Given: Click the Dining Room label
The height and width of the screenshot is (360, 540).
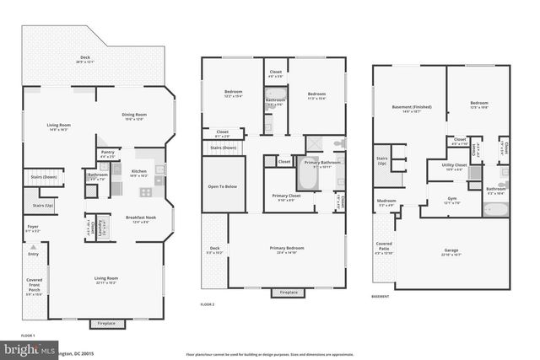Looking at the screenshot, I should pos(135,116).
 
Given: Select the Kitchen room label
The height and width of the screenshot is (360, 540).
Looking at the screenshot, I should pos(139,172).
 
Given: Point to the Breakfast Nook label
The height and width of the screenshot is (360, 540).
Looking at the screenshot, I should pos(140,218).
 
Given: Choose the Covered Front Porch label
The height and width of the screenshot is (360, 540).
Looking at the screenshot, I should pos(34,286).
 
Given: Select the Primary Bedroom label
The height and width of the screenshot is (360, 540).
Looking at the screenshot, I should pos(287,249).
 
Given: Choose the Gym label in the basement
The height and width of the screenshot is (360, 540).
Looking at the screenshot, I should pos(452,200).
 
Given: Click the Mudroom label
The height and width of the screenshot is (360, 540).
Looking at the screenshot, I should pos(386,202).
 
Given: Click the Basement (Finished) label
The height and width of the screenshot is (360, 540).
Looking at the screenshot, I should pos(408,108).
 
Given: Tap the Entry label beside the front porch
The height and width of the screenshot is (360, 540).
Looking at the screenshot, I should pos(34,253).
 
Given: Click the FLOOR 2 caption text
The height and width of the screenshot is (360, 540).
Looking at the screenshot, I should pos(208,304).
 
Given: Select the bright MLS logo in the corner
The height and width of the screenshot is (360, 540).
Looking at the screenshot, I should pos(15,348).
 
